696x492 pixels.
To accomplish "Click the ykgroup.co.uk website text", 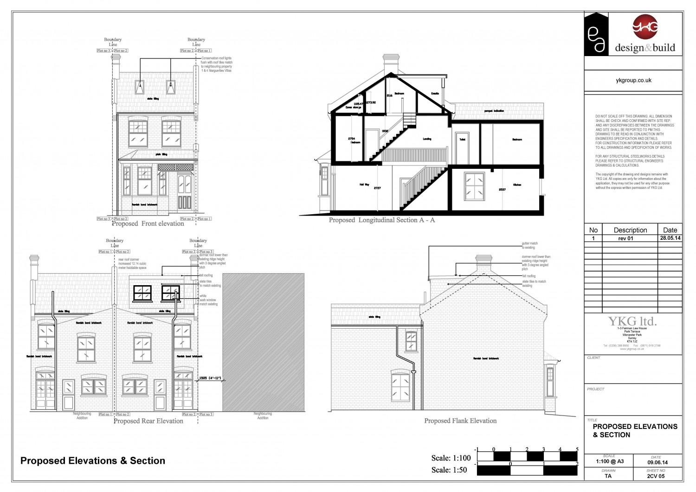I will [x=633, y=80].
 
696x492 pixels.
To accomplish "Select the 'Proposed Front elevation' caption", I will [x=148, y=224].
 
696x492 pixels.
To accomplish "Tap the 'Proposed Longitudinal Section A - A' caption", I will [x=382, y=220].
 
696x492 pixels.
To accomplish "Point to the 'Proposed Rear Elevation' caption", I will [x=148, y=421].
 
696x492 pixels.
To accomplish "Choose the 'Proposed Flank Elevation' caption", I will [x=460, y=421].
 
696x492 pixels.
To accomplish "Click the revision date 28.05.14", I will [x=670, y=238].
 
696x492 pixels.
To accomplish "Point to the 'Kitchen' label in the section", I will [x=517, y=185].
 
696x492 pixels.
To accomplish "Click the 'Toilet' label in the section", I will [x=462, y=140].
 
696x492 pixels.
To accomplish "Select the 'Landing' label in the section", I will [x=427, y=139].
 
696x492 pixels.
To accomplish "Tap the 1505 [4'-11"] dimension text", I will [x=209, y=378].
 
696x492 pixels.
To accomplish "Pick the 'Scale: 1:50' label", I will [x=449, y=470].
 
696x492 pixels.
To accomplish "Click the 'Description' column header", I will [x=630, y=230].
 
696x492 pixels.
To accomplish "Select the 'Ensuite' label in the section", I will [x=435, y=94].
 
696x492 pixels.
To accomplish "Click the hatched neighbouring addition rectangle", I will [x=264, y=342].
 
